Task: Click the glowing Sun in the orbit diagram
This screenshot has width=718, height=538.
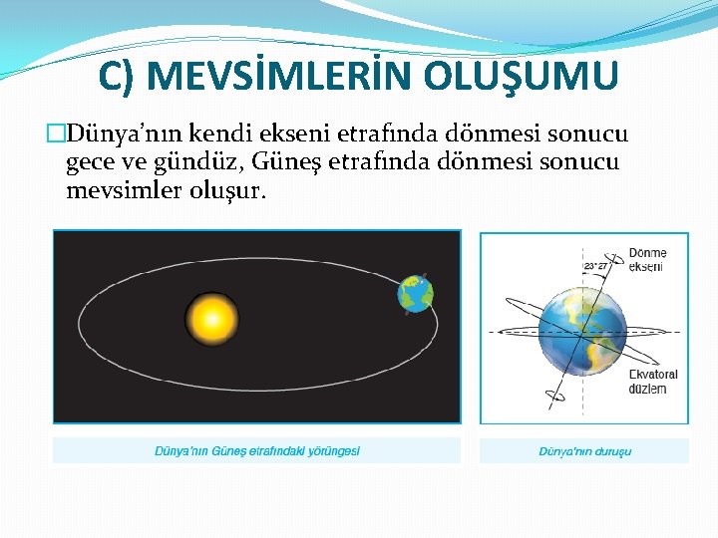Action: (211, 320)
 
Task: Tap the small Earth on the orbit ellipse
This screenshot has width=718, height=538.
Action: (415, 294)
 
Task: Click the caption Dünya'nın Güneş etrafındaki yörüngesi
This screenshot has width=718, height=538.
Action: (256, 451)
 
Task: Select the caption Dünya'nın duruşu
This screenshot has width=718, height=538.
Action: (584, 451)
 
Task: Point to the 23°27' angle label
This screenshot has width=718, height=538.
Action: (595, 266)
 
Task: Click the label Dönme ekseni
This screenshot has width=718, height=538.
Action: (647, 260)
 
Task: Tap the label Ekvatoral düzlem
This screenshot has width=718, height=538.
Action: (652, 382)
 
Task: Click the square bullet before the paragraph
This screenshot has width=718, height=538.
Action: (57, 134)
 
